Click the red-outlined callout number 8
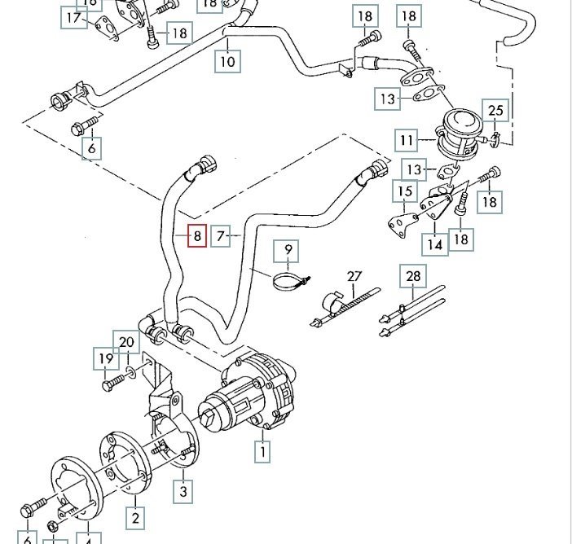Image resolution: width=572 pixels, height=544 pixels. tap(196, 236)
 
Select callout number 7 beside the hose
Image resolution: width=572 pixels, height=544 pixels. tap(221, 237)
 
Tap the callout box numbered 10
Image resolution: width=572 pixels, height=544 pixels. tap(227, 59)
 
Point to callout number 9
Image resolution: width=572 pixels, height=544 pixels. tap(288, 248)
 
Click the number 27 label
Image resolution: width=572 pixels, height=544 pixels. tap(354, 276)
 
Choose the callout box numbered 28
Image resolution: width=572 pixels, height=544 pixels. tap(413, 276)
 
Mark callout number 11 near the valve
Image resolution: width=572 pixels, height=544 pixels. tap(407, 141)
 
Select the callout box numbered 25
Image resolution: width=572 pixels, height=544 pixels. tap(495, 110)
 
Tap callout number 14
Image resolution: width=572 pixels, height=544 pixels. tap(435, 243)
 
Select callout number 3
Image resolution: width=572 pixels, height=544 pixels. tap(183, 490)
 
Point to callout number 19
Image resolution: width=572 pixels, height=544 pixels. tap(106, 358)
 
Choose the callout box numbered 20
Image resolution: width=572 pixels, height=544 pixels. tap(126, 342)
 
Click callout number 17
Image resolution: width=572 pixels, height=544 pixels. tap(74, 18)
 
